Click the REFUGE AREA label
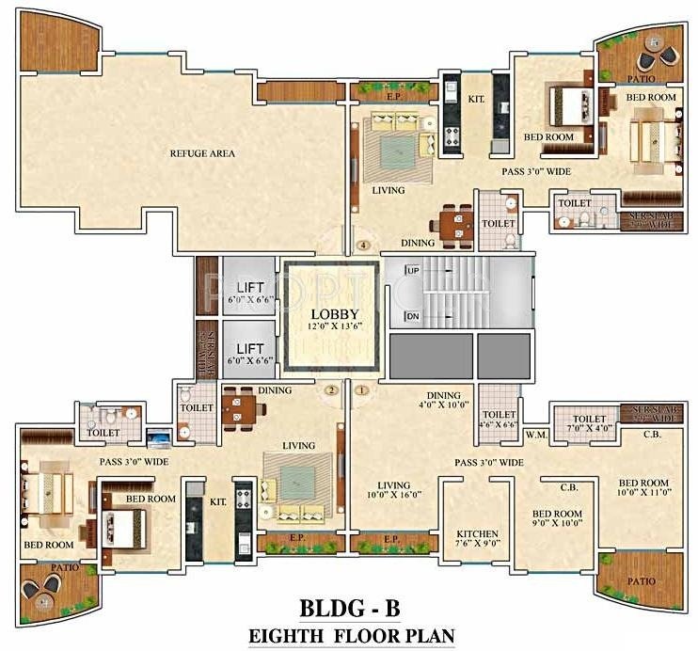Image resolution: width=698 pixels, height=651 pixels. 202,153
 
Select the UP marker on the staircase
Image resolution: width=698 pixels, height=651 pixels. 411,271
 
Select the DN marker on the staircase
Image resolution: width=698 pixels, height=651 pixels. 411,316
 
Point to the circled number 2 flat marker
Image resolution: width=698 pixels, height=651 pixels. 330,389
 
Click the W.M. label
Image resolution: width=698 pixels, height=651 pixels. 537,435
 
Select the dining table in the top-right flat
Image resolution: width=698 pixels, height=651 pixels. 456,224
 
